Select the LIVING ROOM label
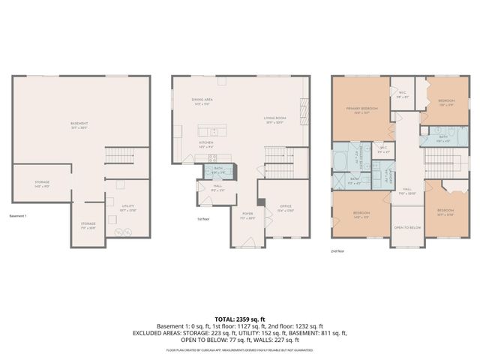[274, 118]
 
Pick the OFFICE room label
[284, 207]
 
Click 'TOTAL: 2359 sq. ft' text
[240, 317]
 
